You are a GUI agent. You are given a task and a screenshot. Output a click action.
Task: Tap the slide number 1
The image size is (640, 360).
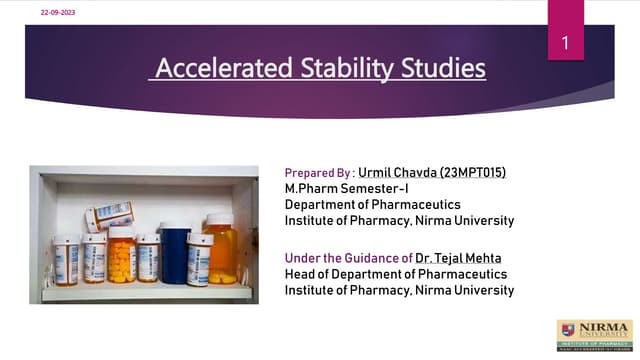[565, 43]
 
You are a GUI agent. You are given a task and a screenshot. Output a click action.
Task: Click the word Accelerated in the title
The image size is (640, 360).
[212, 69]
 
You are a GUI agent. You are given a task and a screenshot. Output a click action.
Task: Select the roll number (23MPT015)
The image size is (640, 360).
[474, 172]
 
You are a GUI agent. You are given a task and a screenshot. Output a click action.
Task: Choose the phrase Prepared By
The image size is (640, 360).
[317, 172]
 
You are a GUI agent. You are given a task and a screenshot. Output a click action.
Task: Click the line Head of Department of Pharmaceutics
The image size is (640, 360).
[396, 274]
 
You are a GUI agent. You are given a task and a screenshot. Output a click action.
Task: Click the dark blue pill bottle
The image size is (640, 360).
[176, 258]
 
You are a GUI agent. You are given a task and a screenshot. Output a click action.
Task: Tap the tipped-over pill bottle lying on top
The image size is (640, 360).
[109, 214]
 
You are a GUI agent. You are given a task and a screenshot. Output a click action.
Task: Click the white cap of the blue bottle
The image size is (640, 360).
[176, 228]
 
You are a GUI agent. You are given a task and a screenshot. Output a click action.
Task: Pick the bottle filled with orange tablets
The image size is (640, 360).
[122, 260]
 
